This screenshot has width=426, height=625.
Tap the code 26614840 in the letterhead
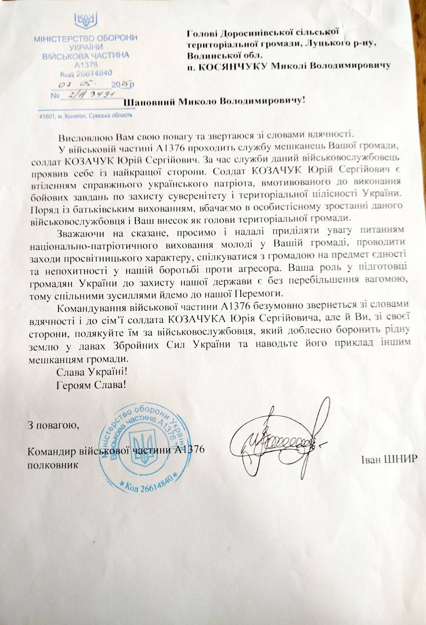[86, 73]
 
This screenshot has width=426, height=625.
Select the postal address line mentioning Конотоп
[86, 116]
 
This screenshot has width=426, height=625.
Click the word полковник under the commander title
[53, 465]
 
